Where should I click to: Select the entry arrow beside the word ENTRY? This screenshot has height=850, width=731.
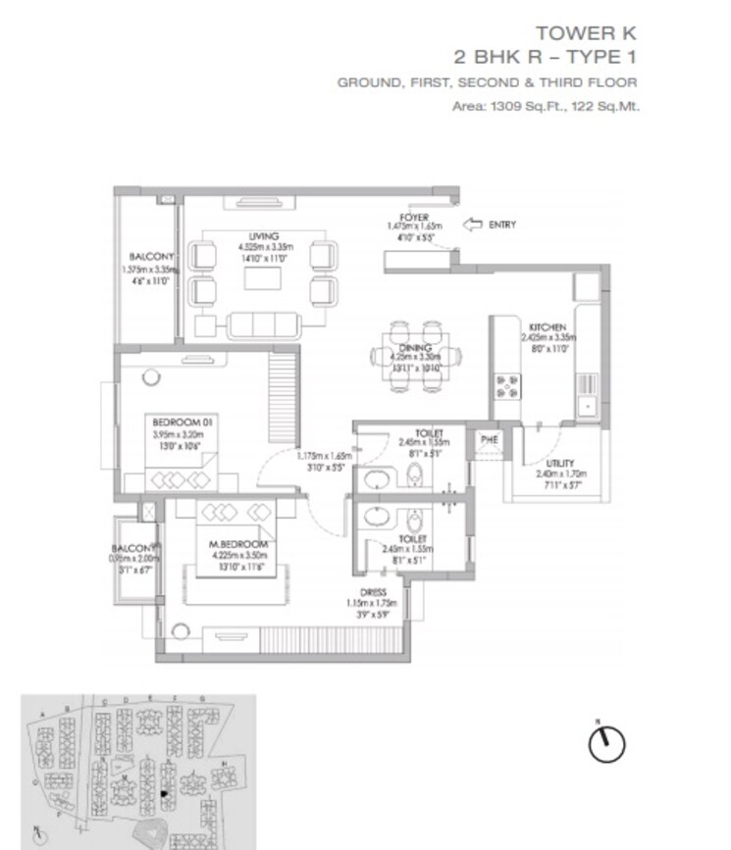point(473,225)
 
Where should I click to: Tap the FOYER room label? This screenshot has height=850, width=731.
point(412,217)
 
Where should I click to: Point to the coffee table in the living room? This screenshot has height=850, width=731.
point(263,279)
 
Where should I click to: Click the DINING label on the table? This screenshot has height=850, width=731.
point(409,347)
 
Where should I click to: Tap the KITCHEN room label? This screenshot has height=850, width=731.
point(548,326)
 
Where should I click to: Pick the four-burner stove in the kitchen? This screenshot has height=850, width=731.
point(507,389)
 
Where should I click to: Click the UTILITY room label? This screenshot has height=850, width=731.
point(561,464)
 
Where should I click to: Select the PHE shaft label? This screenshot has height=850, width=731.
point(489,440)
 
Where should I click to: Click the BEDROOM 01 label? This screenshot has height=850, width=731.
point(183,422)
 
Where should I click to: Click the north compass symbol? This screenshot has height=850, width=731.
point(605,742)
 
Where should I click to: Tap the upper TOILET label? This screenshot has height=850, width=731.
point(429,432)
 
